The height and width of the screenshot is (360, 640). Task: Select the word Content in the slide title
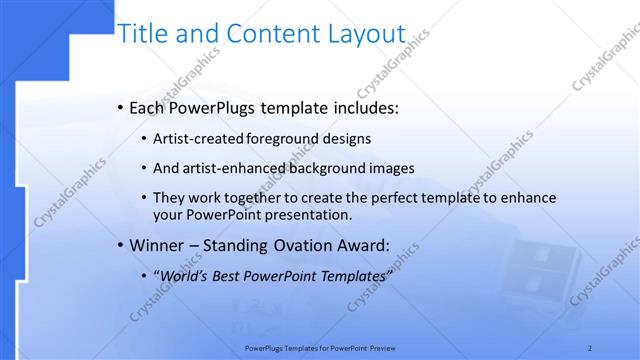tap(271, 34)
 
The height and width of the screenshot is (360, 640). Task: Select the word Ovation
tap(299, 244)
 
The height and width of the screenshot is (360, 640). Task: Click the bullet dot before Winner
tap(120, 245)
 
